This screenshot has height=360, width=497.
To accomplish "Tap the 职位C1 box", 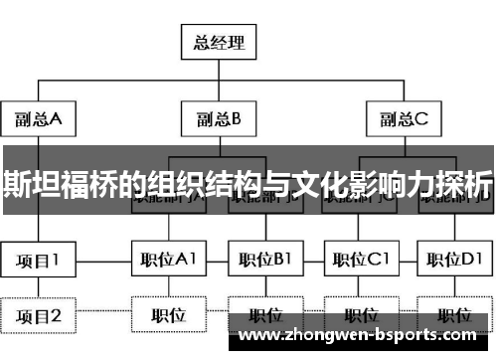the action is (x=360, y=262).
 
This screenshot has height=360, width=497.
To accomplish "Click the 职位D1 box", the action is (x=453, y=262).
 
